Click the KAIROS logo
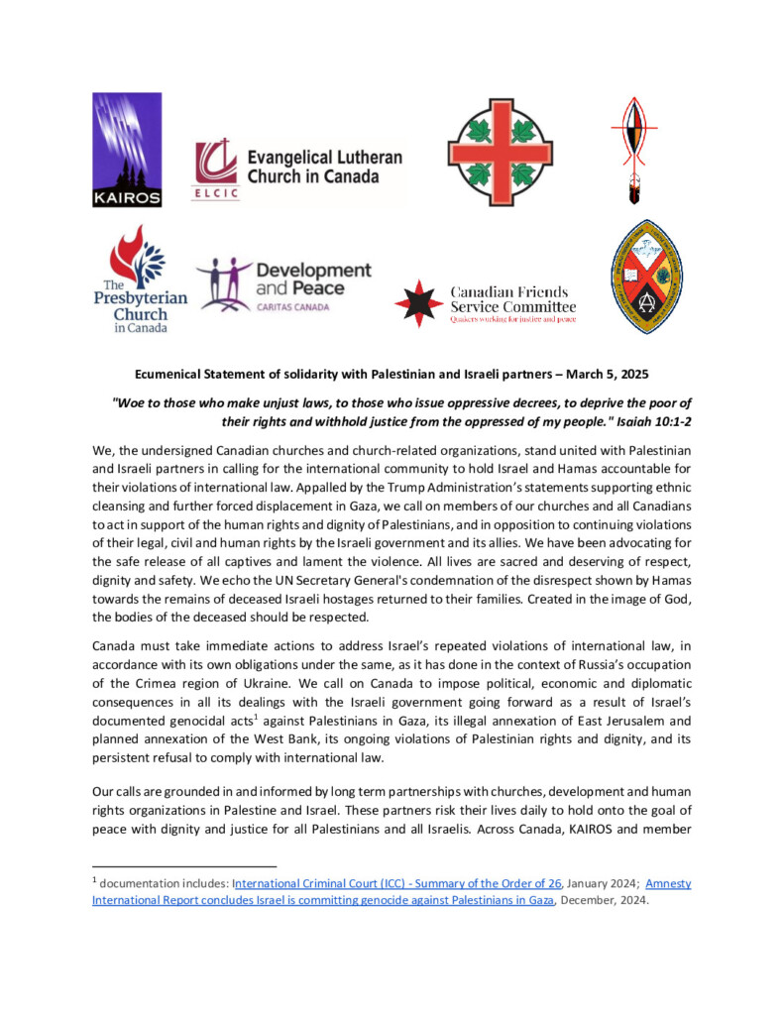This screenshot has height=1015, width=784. tap(127, 150)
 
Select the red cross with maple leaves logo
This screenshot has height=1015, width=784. tap(500, 151)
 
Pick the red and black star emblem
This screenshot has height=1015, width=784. tap(419, 301)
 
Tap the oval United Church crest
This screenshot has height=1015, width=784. tap(646, 277)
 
